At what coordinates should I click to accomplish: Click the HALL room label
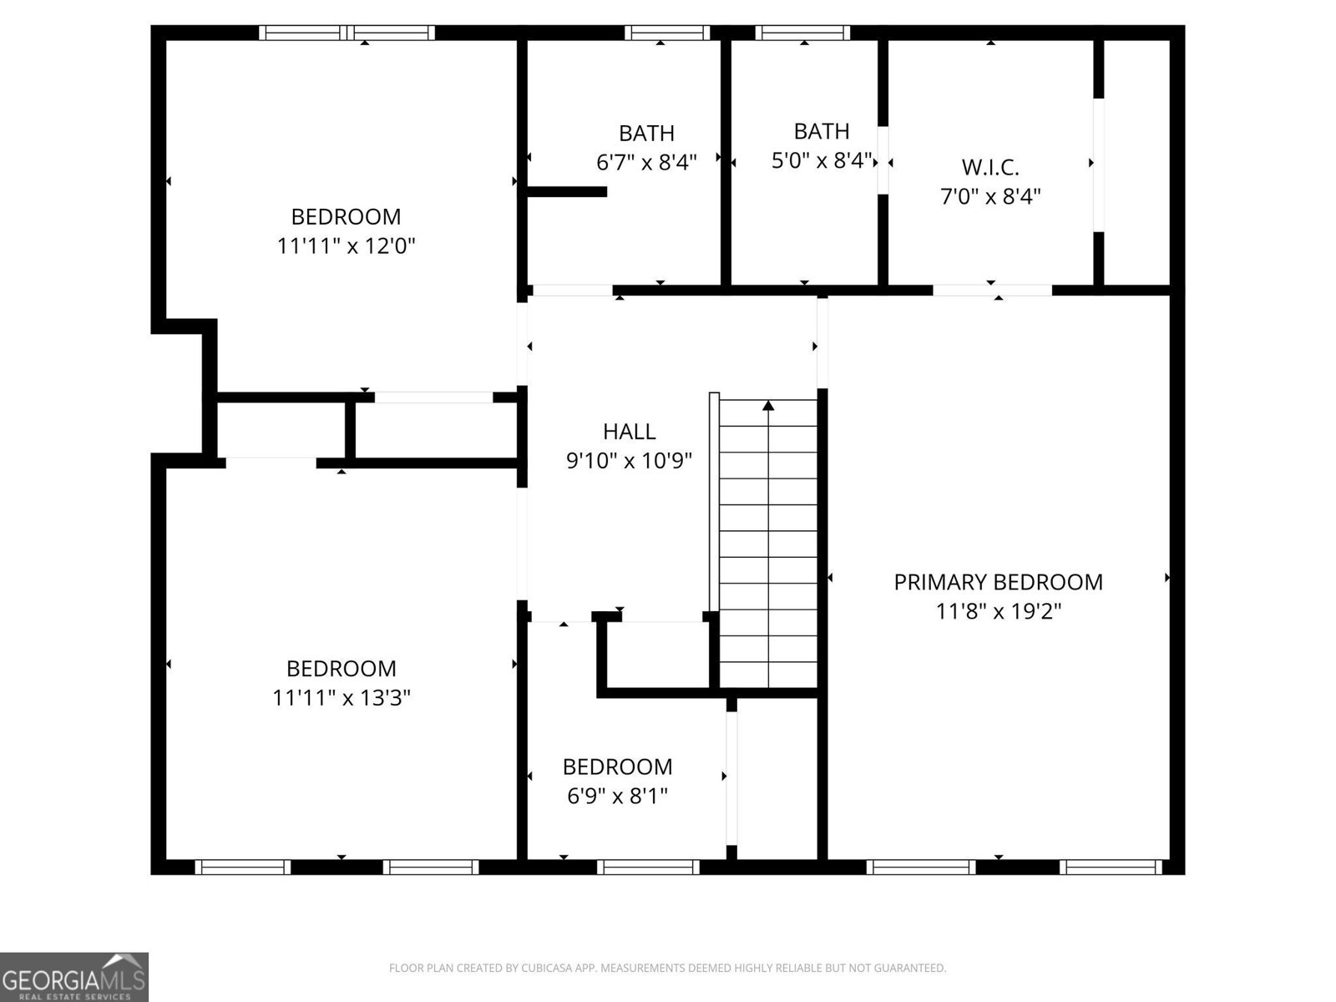click(629, 432)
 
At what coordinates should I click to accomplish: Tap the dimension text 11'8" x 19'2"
click(998, 611)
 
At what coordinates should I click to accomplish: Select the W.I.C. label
click(990, 167)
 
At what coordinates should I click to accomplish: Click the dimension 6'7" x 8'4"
click(646, 162)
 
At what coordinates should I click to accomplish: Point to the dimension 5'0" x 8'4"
click(822, 160)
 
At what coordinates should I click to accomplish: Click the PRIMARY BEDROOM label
click(998, 582)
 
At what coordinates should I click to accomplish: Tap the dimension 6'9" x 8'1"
click(617, 796)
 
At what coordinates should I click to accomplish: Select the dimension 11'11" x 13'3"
click(342, 697)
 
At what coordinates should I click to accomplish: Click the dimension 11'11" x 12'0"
click(346, 245)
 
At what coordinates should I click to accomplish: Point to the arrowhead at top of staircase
click(768, 406)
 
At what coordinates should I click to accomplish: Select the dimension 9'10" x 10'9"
click(629, 461)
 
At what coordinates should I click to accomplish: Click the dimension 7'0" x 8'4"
click(990, 197)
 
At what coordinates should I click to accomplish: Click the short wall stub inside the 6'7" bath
click(566, 192)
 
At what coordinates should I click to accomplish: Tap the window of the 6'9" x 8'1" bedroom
click(649, 868)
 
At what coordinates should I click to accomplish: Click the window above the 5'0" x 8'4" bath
click(802, 33)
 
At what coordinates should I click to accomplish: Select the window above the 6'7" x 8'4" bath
click(666, 33)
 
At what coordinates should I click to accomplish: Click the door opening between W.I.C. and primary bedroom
click(992, 290)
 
